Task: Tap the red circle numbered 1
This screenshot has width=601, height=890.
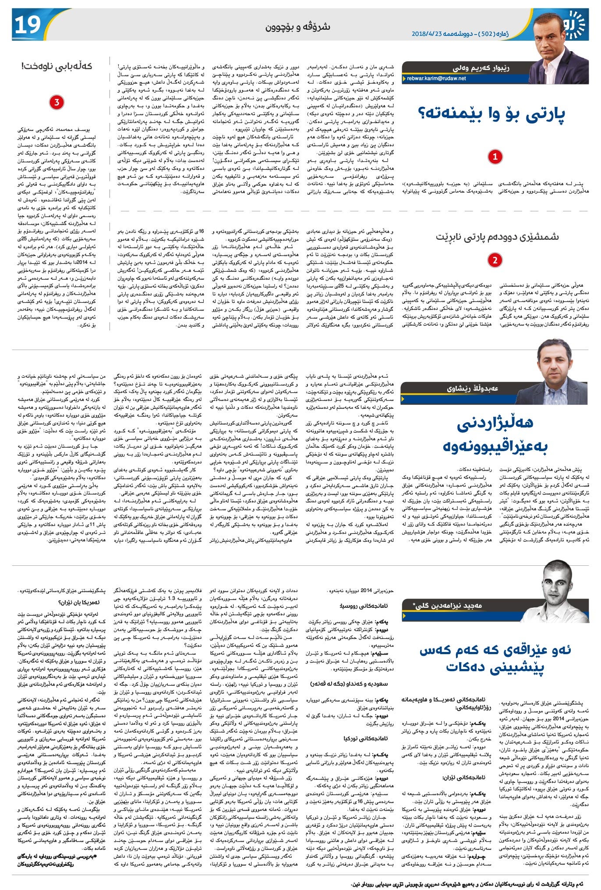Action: coord(495,157)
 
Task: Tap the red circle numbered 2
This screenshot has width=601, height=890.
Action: coord(495,260)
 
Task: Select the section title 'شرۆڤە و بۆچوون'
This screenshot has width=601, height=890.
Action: coord(298,27)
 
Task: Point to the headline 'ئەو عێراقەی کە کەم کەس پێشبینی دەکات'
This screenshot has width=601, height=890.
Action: coord(495,659)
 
